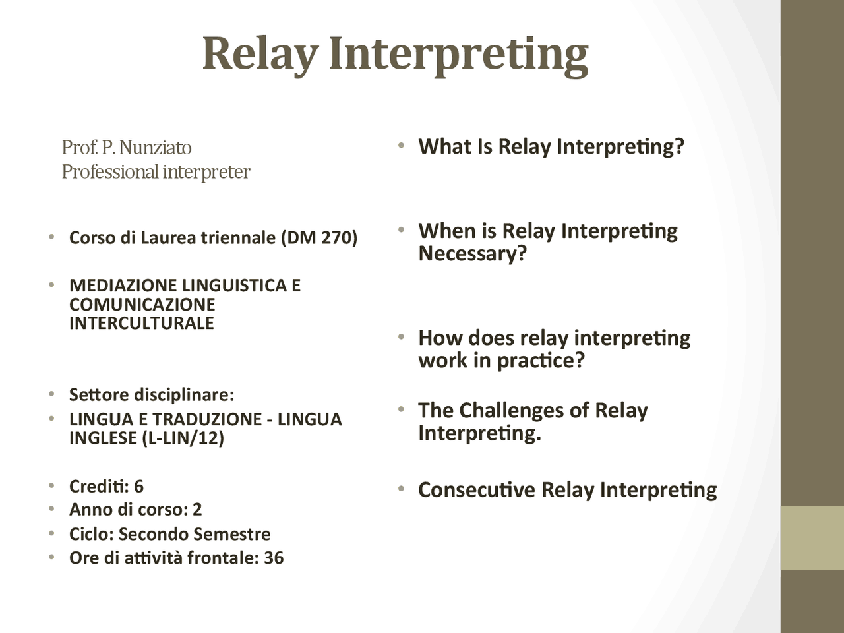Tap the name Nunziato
pyautogui.click(x=156, y=147)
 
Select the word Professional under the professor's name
pyautogui.click(x=110, y=172)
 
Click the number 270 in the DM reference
pyautogui.click(x=336, y=237)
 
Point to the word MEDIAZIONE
pyautogui.click(x=123, y=286)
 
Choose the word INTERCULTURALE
pyautogui.click(x=142, y=323)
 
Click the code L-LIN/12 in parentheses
pyautogui.click(x=183, y=438)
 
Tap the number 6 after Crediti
pyautogui.click(x=138, y=487)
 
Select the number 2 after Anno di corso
pyautogui.click(x=197, y=510)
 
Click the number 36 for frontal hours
pyautogui.click(x=274, y=558)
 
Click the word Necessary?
pyautogui.click(x=473, y=253)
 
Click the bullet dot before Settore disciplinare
pyautogui.click(x=51, y=395)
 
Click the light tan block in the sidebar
pyautogui.click(x=812, y=537)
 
